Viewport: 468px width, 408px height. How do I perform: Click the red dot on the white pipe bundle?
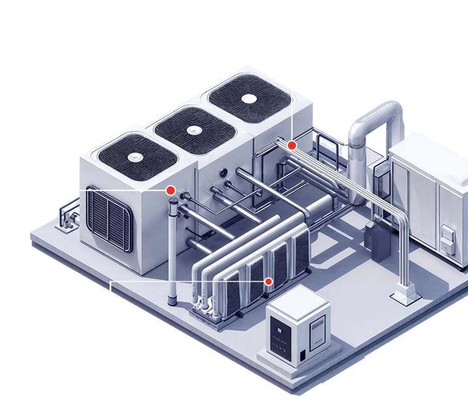293,145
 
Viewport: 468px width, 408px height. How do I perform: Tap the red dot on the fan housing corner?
170,190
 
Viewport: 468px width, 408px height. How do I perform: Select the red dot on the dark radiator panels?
268,281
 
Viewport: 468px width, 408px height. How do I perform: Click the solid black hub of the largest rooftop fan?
249,98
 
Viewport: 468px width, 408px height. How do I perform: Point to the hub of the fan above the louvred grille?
136,156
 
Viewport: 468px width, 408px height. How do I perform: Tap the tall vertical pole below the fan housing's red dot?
172,254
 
